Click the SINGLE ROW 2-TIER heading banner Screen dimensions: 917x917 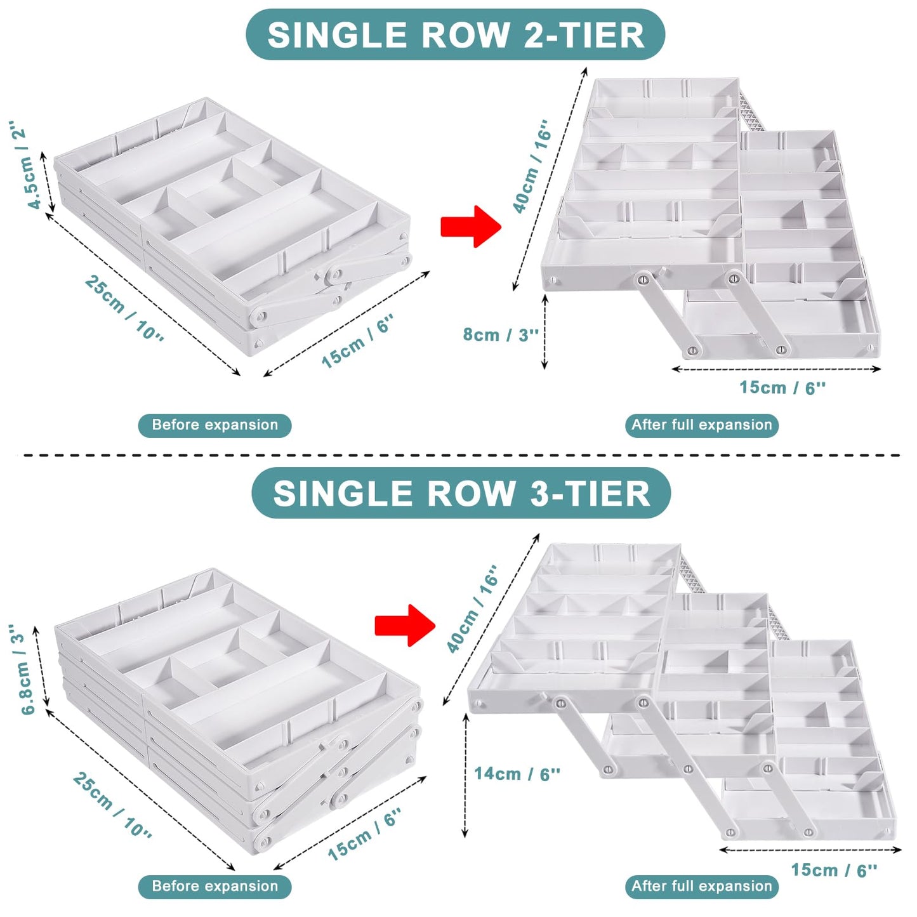pyautogui.click(x=455, y=35)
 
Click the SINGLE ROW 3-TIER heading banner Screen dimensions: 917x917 pyautogui.click(x=461, y=493)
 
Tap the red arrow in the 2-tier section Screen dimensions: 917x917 pyautogui.click(x=471, y=227)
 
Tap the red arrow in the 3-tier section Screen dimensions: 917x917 pyautogui.click(x=406, y=625)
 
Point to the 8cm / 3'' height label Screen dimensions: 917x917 pyautogui.click(x=501, y=334)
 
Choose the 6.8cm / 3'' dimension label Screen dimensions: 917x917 pyautogui.click(x=23, y=669)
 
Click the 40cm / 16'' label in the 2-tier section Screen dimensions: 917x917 pyautogui.click(x=532, y=166)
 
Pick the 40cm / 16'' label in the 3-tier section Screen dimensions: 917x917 pyautogui.click(x=472, y=609)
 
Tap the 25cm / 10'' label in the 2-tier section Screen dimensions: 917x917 pyautogui.click(x=124, y=308)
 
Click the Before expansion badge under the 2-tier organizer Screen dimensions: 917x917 pyautogui.click(x=214, y=425)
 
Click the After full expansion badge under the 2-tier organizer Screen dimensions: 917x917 pyautogui.click(x=701, y=425)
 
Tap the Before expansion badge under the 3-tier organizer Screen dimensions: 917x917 pyautogui.click(x=214, y=886)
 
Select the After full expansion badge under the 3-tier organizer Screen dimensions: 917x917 pyautogui.click(x=701, y=886)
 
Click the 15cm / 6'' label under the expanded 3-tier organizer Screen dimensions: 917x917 pyautogui.click(x=835, y=869)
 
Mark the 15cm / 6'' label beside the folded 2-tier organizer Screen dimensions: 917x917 pyautogui.click(x=358, y=341)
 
